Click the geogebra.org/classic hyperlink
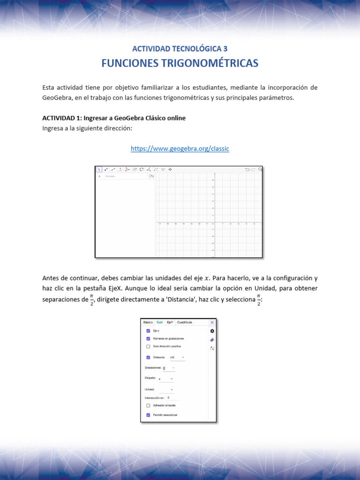(180, 149)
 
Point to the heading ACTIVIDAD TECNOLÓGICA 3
(180, 48)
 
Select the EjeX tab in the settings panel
(159, 322)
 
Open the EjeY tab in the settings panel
(170, 322)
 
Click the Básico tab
(148, 322)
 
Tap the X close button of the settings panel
(212, 322)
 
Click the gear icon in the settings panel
(212, 331)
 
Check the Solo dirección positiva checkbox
(148, 346)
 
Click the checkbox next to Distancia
(148, 357)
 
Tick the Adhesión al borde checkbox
(148, 405)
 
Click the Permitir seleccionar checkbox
(148, 415)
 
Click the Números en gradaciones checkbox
(148, 338)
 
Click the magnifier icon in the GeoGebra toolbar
(260, 169)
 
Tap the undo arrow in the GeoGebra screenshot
(247, 169)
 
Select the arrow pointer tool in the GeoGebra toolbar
(99, 169)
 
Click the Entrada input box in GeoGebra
(124, 176)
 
